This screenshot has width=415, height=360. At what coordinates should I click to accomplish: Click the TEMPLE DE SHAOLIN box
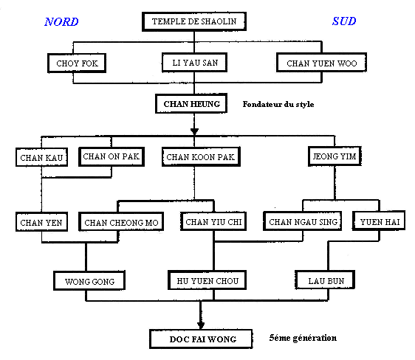pos(194,21)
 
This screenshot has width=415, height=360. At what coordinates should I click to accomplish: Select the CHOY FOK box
pos(77,63)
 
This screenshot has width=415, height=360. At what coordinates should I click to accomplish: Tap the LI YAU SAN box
pos(194,63)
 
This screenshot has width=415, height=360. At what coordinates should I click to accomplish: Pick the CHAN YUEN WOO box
pos(321,63)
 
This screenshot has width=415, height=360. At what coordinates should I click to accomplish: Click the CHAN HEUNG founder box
pos(191,103)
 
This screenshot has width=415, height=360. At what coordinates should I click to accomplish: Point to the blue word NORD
pos(61,21)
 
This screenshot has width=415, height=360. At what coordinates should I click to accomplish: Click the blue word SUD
pos(344,21)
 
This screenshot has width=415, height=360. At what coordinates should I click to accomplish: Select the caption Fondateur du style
pos(278,104)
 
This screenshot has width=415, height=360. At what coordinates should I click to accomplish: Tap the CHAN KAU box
pos(41,157)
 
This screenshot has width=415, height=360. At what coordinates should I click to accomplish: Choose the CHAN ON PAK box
pos(112,156)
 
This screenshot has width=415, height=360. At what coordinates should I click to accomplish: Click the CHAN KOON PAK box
pos(201,156)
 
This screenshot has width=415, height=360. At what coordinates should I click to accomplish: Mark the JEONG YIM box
pos(335,156)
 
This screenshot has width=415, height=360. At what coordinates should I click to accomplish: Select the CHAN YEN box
pos(41,222)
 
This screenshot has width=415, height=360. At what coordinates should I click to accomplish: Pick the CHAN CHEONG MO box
pos(121,222)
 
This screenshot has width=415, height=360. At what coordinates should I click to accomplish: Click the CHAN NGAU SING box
pos(303,221)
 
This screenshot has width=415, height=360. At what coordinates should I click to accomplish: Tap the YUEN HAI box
pos(379,221)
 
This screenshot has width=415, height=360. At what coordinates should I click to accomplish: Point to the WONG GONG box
pos(89,281)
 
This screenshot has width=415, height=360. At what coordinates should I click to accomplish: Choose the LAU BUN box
pos(325,280)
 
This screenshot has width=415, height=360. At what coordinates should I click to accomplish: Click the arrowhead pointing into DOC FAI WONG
pos(201,325)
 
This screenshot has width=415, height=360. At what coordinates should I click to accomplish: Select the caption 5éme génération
pos(303,338)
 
